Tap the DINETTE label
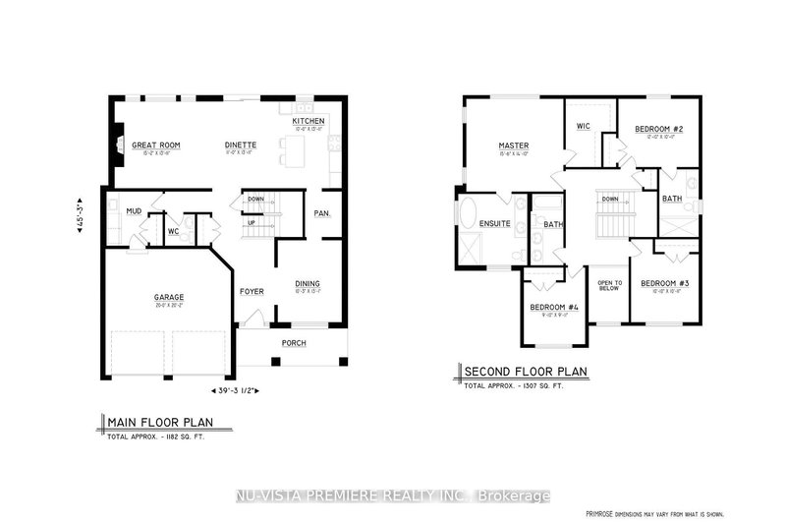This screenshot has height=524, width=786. (x=240, y=144)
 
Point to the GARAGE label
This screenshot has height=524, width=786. (x=168, y=297)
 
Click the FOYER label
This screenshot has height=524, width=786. (x=252, y=291)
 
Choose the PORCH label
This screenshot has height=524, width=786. (x=294, y=343)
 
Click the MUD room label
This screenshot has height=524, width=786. (x=134, y=210)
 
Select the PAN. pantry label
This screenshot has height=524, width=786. (x=321, y=213)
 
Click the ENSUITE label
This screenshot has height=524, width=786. (x=493, y=224)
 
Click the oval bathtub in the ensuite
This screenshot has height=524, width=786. (x=466, y=214)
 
